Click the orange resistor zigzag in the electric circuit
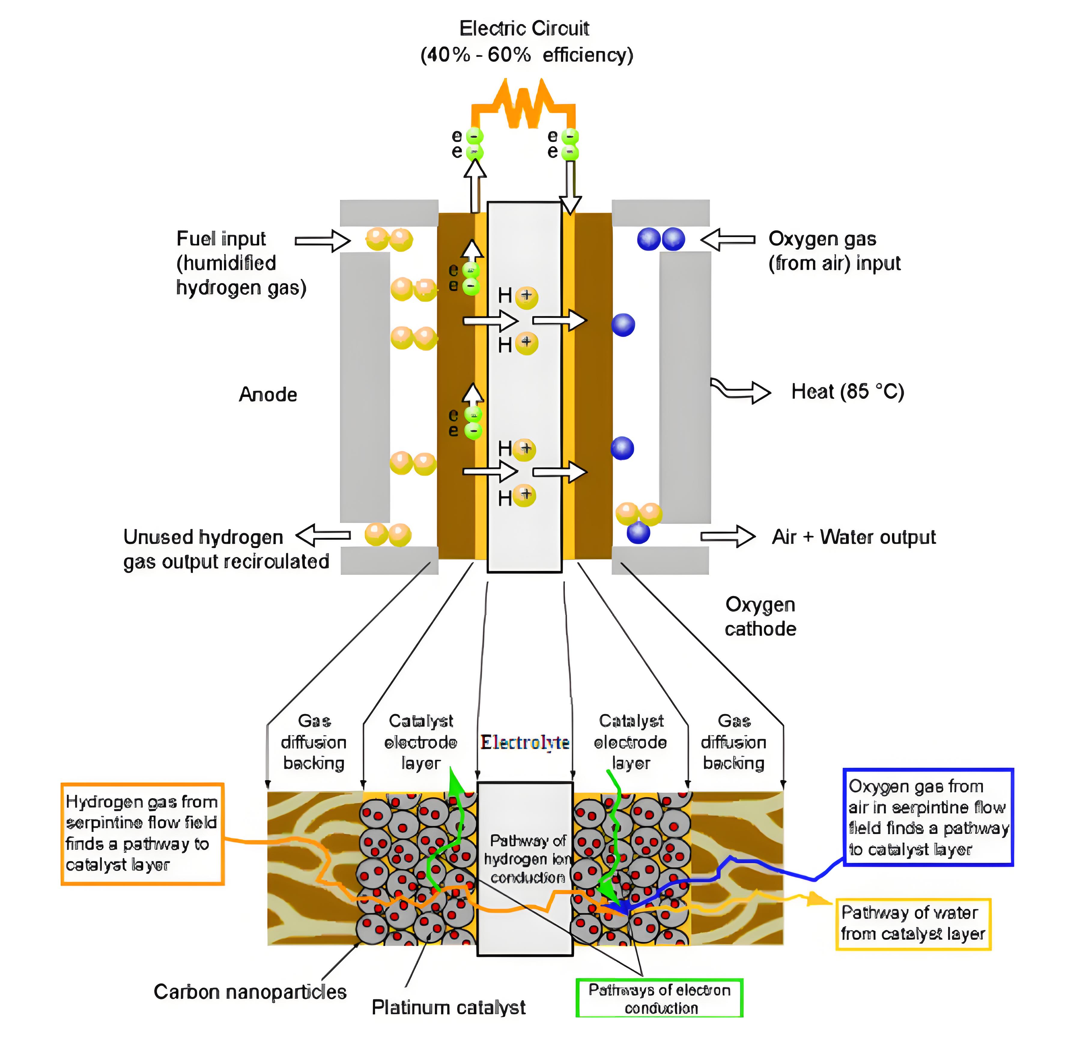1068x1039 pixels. coord(523,104)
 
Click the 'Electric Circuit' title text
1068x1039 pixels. coord(524,28)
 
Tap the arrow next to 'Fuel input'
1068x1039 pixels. coord(322,240)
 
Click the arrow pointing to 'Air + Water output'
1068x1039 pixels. coord(727,536)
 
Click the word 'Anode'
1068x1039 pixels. coord(268,394)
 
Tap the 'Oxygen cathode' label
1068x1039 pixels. coord(760,616)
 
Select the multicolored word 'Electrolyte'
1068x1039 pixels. coord(524,742)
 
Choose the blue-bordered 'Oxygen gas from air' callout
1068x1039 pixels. coord(928,817)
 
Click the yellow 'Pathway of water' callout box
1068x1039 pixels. coord(913,923)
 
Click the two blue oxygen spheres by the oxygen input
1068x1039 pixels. coord(661,239)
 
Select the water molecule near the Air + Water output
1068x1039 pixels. coord(639,521)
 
